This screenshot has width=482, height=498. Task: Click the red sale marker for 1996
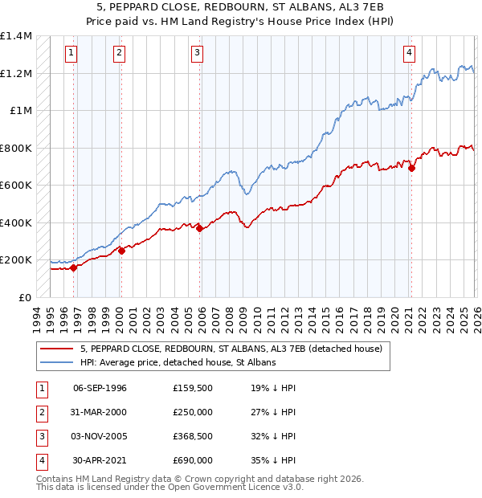point(73,268)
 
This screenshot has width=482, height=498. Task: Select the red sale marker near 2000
point(121,251)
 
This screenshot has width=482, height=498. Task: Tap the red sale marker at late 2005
point(198,229)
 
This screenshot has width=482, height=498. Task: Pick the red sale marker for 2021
point(411,169)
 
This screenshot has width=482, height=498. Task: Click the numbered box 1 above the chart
point(71,54)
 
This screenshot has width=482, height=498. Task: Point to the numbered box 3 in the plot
point(197,54)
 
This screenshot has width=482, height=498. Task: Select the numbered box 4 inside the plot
point(410,54)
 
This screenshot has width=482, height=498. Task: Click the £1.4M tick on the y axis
point(16,36)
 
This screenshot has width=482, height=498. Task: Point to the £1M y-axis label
point(21,111)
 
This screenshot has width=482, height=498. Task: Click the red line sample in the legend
point(56,349)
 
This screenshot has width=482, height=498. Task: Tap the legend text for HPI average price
point(178,362)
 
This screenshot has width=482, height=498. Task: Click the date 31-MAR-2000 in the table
point(100,412)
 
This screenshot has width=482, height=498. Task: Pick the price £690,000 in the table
point(192,460)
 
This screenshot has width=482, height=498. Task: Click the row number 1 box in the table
point(40,388)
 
